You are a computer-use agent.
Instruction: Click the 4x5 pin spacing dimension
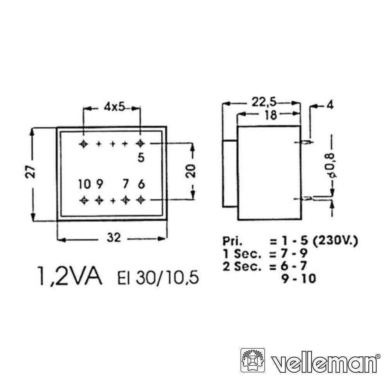[x=114, y=107]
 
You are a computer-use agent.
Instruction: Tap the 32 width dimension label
[x=114, y=238]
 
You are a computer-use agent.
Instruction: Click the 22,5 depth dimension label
[x=264, y=102]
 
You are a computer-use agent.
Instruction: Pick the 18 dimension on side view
[x=271, y=115]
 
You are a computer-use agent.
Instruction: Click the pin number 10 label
[x=84, y=184]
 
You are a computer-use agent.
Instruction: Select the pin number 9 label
[x=99, y=184]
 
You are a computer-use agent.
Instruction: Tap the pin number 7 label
[x=126, y=184]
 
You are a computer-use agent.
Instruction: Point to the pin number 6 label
[x=141, y=184]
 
